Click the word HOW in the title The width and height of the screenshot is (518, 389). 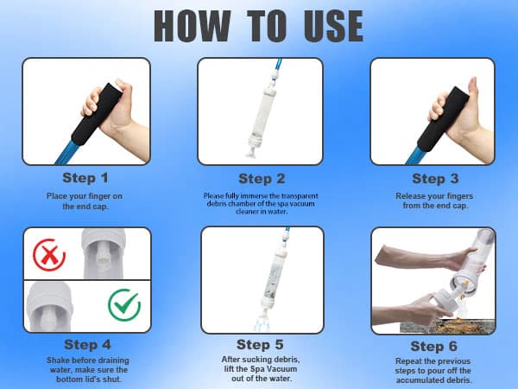click(x=193, y=26)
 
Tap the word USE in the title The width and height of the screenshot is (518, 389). click(x=333, y=26)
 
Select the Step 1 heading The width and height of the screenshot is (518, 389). click(x=85, y=178)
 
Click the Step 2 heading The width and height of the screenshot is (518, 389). click(x=262, y=179)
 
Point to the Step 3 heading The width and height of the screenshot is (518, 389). click(x=435, y=179)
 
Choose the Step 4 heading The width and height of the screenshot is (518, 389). click(x=87, y=344)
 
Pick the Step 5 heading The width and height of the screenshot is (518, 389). click(x=260, y=344)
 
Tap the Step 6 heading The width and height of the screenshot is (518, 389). click(x=433, y=347)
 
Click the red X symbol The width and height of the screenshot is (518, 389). click(x=49, y=255)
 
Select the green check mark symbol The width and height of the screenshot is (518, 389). click(x=124, y=304)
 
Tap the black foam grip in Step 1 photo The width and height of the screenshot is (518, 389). click(x=97, y=113)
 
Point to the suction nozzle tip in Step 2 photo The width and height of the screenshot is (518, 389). click(x=252, y=153)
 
